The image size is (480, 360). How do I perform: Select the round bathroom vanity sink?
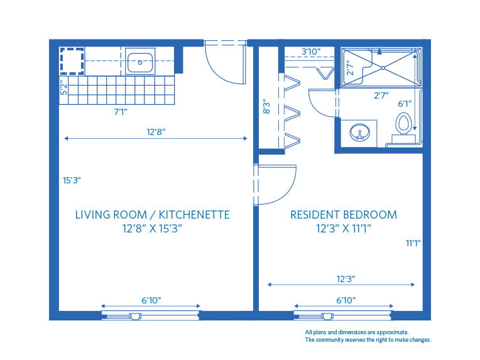tap(359, 133)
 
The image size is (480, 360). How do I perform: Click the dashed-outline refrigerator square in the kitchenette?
tap(72, 62)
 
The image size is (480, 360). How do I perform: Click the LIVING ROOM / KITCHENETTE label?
tap(152, 215)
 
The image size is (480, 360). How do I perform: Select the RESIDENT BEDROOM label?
tap(343, 215)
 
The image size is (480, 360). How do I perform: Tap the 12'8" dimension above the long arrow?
tap(156, 132)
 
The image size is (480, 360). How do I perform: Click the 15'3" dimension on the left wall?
tap(72, 180)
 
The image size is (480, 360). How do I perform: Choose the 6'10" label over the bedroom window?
tap(342, 301)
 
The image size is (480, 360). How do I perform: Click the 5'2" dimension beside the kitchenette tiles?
tap(63, 87)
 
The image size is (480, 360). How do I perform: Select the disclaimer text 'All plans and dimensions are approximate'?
tap(357, 332)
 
